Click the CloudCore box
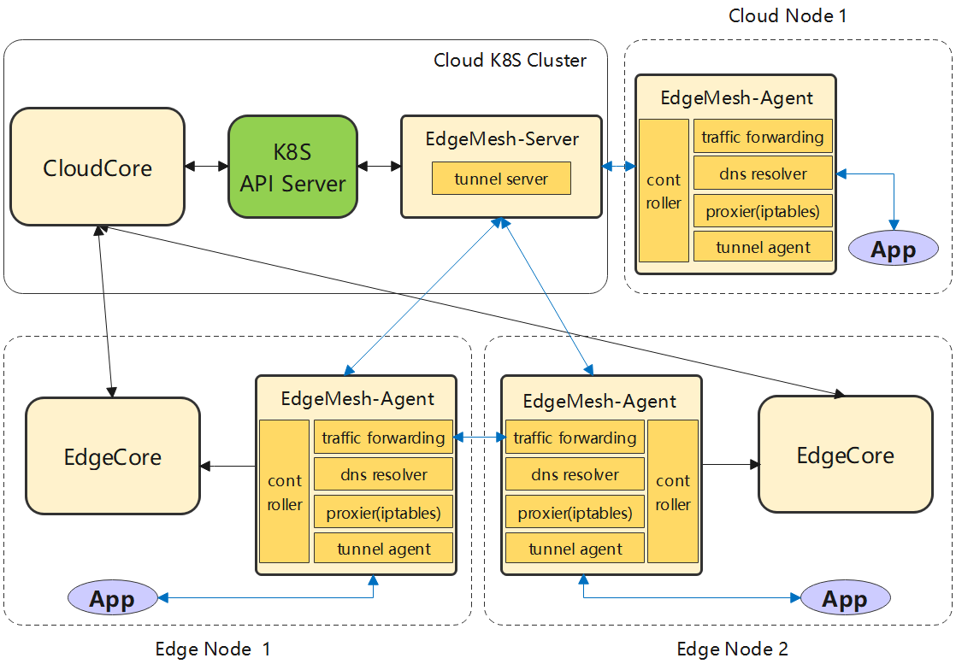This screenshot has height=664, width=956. [x=97, y=167]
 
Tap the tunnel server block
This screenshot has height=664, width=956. [x=501, y=179]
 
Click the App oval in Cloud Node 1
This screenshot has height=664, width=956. [x=894, y=250]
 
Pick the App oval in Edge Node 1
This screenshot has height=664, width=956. [x=113, y=598]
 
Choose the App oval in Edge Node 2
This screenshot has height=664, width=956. [x=845, y=598]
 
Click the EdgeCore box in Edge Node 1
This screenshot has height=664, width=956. [x=113, y=456]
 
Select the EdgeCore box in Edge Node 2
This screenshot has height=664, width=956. [x=845, y=455]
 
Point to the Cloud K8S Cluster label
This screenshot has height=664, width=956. [x=510, y=61]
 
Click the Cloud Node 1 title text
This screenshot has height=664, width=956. [x=787, y=15]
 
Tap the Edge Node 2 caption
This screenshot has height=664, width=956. [x=732, y=649]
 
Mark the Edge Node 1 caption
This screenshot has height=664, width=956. [x=213, y=649]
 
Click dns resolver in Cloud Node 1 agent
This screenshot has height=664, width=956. [x=763, y=173]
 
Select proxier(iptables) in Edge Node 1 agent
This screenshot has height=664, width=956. [x=383, y=513]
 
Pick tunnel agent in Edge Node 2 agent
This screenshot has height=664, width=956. [x=575, y=549]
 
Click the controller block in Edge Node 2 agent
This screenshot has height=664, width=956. [x=673, y=491]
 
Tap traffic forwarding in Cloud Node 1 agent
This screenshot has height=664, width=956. [x=763, y=137]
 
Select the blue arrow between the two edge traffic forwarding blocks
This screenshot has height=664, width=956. [x=480, y=438]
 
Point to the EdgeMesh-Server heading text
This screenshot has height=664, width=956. [x=502, y=139]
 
